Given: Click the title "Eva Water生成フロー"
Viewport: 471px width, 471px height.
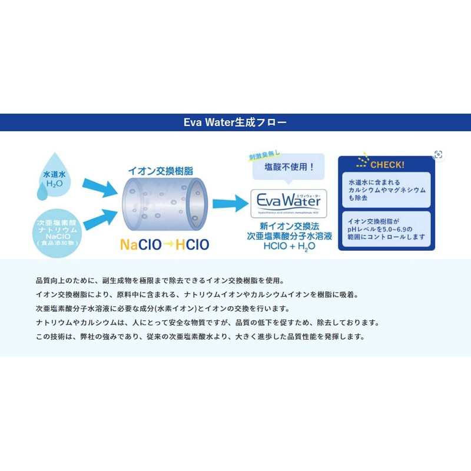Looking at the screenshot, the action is click(235, 122).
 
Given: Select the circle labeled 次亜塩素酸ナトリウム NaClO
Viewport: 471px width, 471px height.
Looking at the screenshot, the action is click(57, 230).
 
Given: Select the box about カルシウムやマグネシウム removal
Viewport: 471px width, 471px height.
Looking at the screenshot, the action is click(386, 190).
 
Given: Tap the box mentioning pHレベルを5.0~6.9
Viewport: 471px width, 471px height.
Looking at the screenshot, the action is click(386, 229).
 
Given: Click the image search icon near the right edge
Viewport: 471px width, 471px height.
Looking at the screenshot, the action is click(438, 154).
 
